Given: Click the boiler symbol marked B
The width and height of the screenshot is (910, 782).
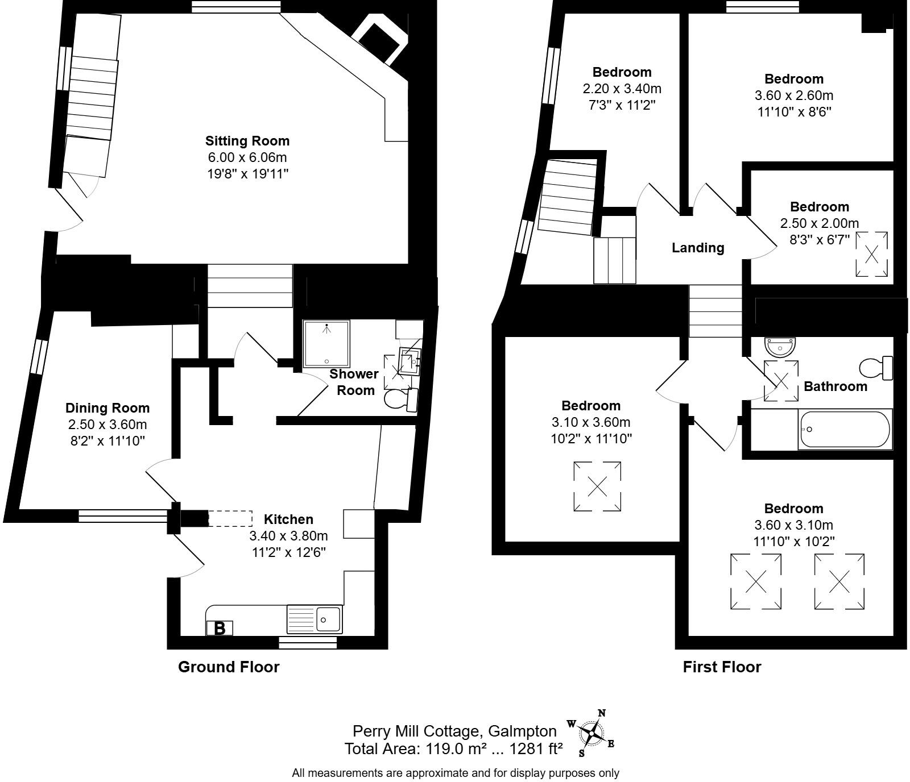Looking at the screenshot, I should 220,628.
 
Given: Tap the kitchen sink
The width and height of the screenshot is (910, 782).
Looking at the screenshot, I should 315,619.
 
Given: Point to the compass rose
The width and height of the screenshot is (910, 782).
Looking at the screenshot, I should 592,733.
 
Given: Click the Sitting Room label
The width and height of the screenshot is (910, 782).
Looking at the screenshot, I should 247,141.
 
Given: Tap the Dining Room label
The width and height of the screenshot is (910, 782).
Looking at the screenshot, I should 107,408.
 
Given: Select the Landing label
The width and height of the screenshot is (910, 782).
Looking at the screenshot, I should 698,248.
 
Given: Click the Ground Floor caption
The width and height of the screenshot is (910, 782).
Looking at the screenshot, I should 229,667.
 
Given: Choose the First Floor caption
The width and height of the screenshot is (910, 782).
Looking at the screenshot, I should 722,667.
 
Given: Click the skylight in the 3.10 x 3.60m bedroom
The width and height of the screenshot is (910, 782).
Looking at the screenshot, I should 597,487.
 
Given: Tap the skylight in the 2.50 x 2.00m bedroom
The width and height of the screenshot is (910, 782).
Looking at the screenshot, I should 872,255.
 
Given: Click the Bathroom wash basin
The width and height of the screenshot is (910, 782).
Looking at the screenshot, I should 781,344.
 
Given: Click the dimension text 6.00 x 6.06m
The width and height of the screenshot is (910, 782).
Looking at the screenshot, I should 247,157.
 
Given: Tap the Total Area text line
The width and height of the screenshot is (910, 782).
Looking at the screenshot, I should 453,749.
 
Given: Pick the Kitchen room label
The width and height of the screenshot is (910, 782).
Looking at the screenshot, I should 288,519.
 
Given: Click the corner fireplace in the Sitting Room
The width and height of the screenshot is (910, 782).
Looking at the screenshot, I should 380,43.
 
